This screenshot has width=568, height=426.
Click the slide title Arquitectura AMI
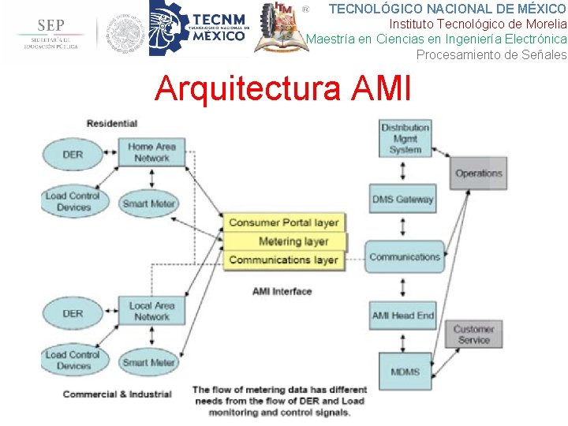click(x=283, y=89)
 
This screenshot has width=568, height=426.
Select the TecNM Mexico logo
click(x=200, y=28)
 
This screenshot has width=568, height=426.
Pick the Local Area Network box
click(x=151, y=311)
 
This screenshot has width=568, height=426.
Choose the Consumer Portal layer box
click(x=284, y=222)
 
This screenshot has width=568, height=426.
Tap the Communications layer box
click(x=283, y=260)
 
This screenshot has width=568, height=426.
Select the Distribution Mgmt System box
click(x=405, y=138)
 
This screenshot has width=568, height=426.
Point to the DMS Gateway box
click(x=403, y=200)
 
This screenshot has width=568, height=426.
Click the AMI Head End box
click(x=403, y=316)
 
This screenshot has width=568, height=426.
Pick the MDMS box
click(x=405, y=371)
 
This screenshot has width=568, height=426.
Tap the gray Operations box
click(x=479, y=174)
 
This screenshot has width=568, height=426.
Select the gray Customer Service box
click(x=473, y=334)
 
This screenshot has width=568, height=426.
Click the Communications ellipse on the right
click(x=405, y=257)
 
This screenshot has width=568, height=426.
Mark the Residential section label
click(x=112, y=123)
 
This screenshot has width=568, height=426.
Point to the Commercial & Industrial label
click(x=117, y=394)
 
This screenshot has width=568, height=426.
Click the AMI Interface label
click(x=282, y=291)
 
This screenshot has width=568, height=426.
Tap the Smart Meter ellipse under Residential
click(x=148, y=204)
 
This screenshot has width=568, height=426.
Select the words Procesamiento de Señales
click(x=491, y=55)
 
